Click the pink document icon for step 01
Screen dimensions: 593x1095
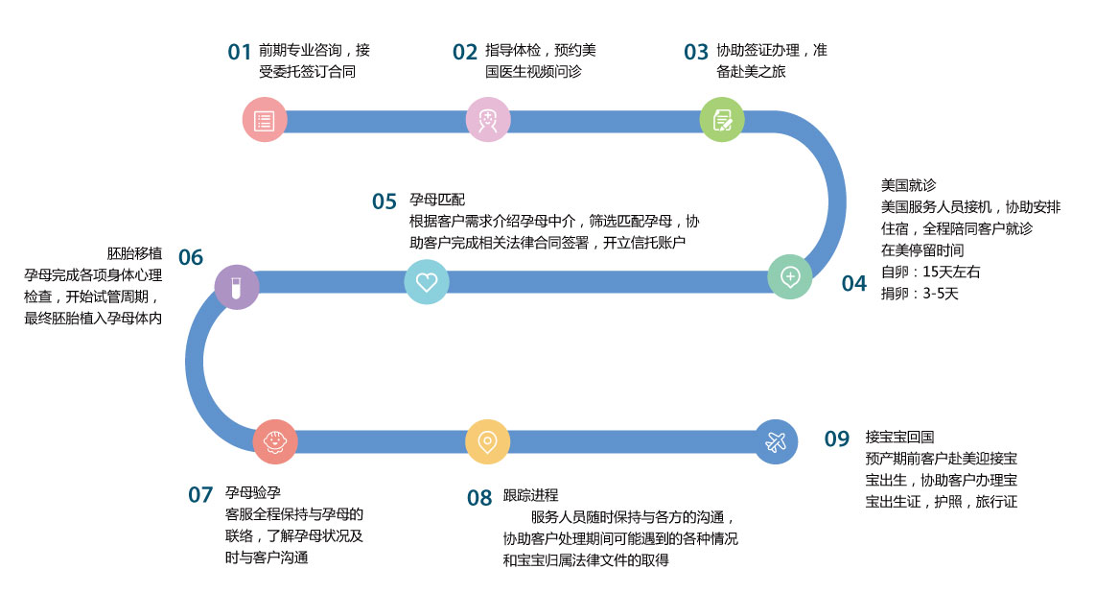(264, 121)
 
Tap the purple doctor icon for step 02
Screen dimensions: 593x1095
(488, 120)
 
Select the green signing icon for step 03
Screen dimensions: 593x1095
(722, 120)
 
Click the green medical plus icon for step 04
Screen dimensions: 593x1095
(790, 277)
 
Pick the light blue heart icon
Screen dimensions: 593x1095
(427, 282)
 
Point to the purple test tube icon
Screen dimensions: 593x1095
(237, 286)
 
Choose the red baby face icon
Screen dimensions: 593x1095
(274, 442)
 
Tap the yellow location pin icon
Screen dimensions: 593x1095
(487, 442)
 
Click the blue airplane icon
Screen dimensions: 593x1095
(776, 442)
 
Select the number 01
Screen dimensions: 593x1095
(240, 52)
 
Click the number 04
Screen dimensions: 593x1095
(853, 283)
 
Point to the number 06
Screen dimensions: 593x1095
(191, 257)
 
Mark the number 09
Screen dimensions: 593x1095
(837, 439)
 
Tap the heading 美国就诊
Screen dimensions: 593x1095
(908, 185)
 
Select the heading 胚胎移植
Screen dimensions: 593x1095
(134, 253)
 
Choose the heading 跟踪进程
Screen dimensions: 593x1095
(530, 496)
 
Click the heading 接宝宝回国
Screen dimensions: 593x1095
(898, 436)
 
